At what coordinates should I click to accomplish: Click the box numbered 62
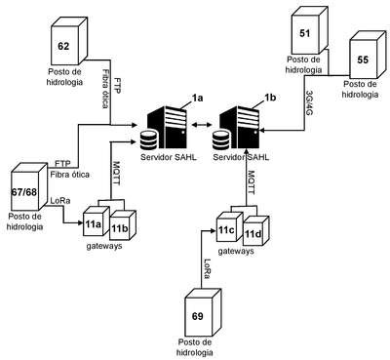[69, 40]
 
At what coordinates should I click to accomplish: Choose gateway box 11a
[96, 220]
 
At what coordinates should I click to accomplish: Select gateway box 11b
[123, 225]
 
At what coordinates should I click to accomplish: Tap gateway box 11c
[229, 226]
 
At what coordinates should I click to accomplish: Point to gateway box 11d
[256, 231]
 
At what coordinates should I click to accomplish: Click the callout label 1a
[197, 98]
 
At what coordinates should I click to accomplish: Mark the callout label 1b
[270, 98]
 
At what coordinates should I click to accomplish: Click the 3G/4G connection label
[310, 103]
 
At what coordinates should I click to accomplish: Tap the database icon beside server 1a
[148, 140]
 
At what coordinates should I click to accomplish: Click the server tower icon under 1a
[167, 128]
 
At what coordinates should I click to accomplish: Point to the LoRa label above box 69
[207, 268]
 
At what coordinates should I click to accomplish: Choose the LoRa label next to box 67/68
[60, 201]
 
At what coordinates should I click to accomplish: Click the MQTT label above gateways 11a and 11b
[116, 173]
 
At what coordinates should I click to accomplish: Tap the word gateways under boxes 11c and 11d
[236, 252]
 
